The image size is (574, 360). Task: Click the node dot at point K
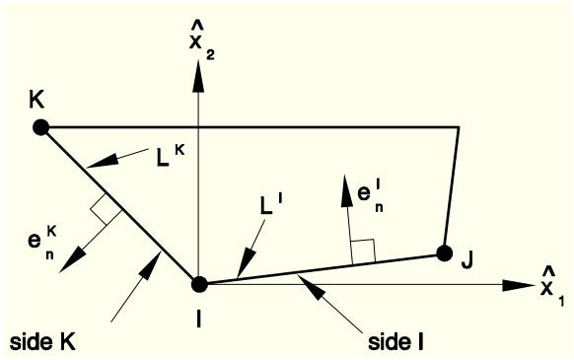[40, 128]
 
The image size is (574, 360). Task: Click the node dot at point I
[199, 284]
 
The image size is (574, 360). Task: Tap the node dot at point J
[445, 253]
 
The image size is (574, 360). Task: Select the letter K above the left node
[36, 99]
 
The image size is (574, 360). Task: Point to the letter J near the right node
[467, 260]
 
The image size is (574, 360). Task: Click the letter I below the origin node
[198, 320]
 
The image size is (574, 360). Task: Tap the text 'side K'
[42, 342]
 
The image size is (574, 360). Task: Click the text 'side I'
[395, 342]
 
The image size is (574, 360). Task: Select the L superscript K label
[171, 157]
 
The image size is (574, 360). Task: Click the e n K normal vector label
[41, 242]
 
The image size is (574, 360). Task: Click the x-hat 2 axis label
[200, 42]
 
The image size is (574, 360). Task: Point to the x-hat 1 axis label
[551, 286]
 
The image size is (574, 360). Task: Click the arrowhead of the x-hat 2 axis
[198, 77]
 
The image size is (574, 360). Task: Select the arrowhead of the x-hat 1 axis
[518, 285]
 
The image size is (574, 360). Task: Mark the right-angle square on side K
[107, 209]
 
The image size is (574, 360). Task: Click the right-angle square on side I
[363, 252]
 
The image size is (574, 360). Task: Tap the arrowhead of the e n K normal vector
[72, 259]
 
